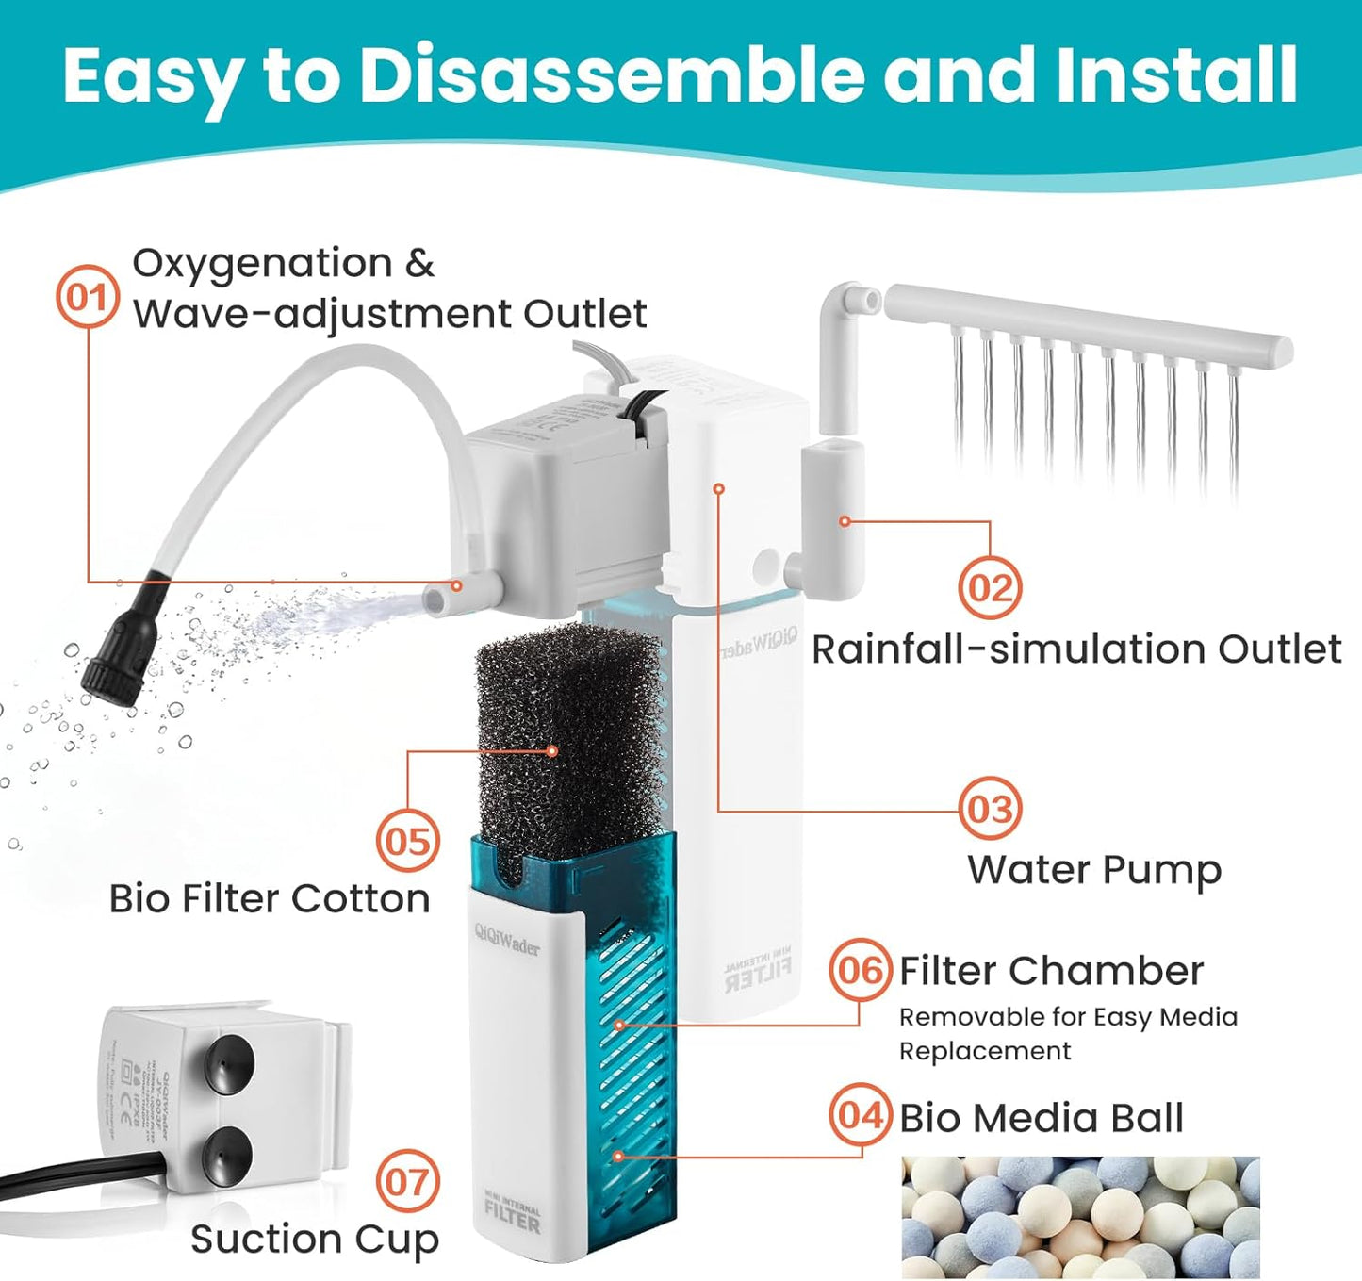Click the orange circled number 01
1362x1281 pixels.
tap(88, 298)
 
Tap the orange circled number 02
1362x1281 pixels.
tap(990, 587)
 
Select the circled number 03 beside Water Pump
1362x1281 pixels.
tap(990, 809)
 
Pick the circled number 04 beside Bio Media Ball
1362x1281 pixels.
tap(860, 1115)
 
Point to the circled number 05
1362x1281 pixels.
tap(407, 841)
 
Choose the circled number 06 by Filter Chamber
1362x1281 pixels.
tap(860, 969)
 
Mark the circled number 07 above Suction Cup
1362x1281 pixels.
tap(407, 1181)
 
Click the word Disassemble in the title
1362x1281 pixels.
tap(612, 75)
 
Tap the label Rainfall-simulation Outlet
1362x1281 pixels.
tap(1076, 649)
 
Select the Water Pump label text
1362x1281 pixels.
tap(1094, 870)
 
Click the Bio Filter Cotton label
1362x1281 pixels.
tap(270, 898)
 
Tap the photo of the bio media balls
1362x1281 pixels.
tap(1080, 1217)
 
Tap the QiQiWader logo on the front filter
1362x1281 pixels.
tap(507, 941)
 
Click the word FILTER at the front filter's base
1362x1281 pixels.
tap(513, 1223)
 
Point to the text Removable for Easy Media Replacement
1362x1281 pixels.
tap(1068, 1034)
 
